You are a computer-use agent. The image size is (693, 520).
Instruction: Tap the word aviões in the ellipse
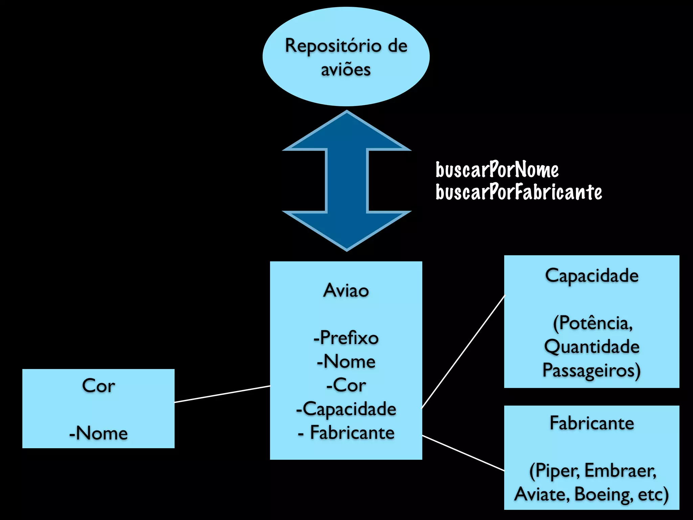point(346,70)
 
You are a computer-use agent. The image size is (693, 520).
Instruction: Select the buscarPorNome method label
point(497,170)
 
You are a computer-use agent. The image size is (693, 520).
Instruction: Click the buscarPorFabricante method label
point(518,192)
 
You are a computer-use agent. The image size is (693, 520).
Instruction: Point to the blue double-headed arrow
point(346,181)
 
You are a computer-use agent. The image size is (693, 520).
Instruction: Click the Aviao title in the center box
point(346,290)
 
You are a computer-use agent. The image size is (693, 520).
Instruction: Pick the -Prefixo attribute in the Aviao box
point(346,338)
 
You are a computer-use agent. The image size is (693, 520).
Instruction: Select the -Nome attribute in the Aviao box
point(346,362)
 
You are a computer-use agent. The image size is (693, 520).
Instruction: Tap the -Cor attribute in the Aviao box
point(346,385)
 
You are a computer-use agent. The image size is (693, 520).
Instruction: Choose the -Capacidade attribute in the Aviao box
point(346,409)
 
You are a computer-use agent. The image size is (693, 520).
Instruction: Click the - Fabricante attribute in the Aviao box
point(346,433)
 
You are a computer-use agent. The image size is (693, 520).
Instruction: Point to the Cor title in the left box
point(98,386)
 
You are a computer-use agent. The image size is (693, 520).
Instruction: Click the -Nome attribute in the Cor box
point(98,433)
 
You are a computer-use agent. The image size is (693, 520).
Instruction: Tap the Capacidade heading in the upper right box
point(591,276)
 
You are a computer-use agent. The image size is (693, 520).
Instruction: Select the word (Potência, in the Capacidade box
point(593,323)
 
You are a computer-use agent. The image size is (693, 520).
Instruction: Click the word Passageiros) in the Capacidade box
point(591,370)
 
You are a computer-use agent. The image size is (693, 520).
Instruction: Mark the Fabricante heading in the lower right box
point(591,423)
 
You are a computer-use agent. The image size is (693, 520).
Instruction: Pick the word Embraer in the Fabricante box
point(620,471)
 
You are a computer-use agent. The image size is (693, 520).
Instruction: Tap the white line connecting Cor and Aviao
point(222,394)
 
